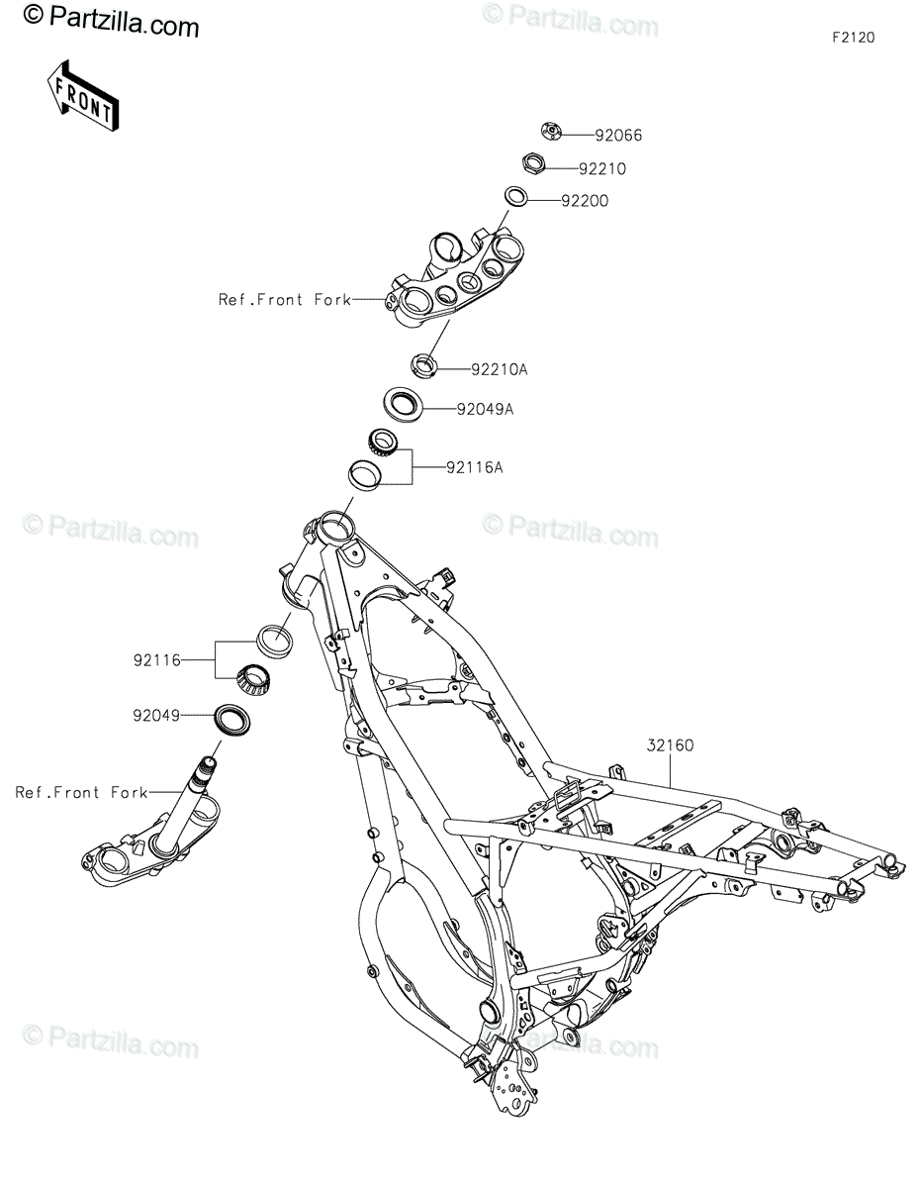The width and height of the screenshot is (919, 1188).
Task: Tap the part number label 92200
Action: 612,201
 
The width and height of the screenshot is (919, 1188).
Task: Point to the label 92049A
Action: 485,408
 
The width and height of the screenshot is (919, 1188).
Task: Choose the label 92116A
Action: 474,468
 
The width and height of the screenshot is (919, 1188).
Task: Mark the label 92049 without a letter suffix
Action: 155,714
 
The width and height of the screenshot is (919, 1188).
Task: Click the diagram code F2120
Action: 853,39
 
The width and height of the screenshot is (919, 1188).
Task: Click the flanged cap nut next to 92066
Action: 553,131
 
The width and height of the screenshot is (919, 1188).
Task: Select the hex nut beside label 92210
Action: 531,163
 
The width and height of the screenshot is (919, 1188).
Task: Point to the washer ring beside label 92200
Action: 515,196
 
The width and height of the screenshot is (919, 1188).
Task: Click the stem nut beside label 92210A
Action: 422,364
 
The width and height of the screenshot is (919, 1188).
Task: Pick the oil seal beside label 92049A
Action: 403,404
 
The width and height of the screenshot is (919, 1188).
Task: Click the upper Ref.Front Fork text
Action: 285,298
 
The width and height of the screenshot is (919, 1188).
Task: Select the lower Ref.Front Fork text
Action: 81,792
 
